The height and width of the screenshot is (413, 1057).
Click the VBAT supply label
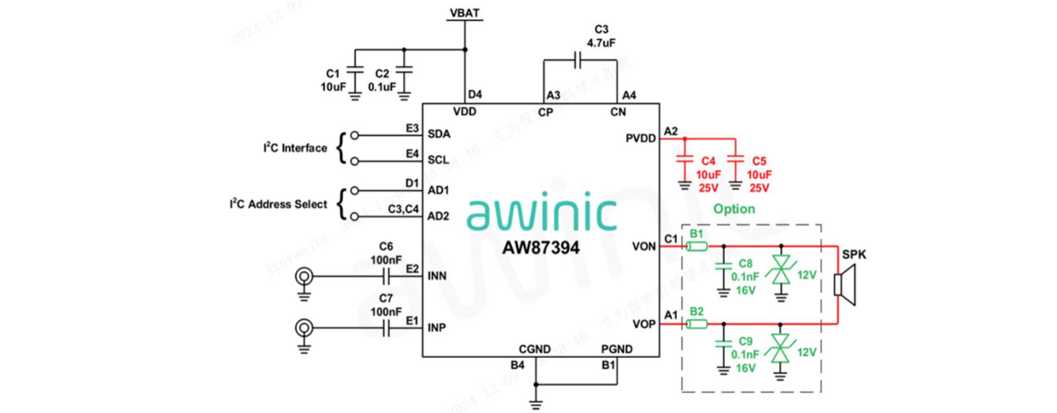pos(465,13)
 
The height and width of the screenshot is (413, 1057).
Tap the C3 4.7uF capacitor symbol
pos(578,61)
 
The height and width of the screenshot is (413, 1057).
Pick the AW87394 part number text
pos(541,248)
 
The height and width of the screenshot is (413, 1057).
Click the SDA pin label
pos(439,134)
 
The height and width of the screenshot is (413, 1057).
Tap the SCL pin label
pos(438,160)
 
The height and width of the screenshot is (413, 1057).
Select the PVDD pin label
pos(641,139)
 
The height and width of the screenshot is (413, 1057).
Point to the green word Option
pos(734,209)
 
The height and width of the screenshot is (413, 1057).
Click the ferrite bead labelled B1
pos(697,246)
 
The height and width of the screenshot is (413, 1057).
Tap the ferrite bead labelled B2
pos(697,324)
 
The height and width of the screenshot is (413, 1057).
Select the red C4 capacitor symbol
pos(685,160)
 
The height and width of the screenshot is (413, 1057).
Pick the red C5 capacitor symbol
pos(735,160)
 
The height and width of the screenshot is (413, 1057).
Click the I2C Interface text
pos(295,148)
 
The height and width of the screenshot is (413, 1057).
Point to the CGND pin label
pos(534,349)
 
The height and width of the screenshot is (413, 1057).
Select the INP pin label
pos(437,327)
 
